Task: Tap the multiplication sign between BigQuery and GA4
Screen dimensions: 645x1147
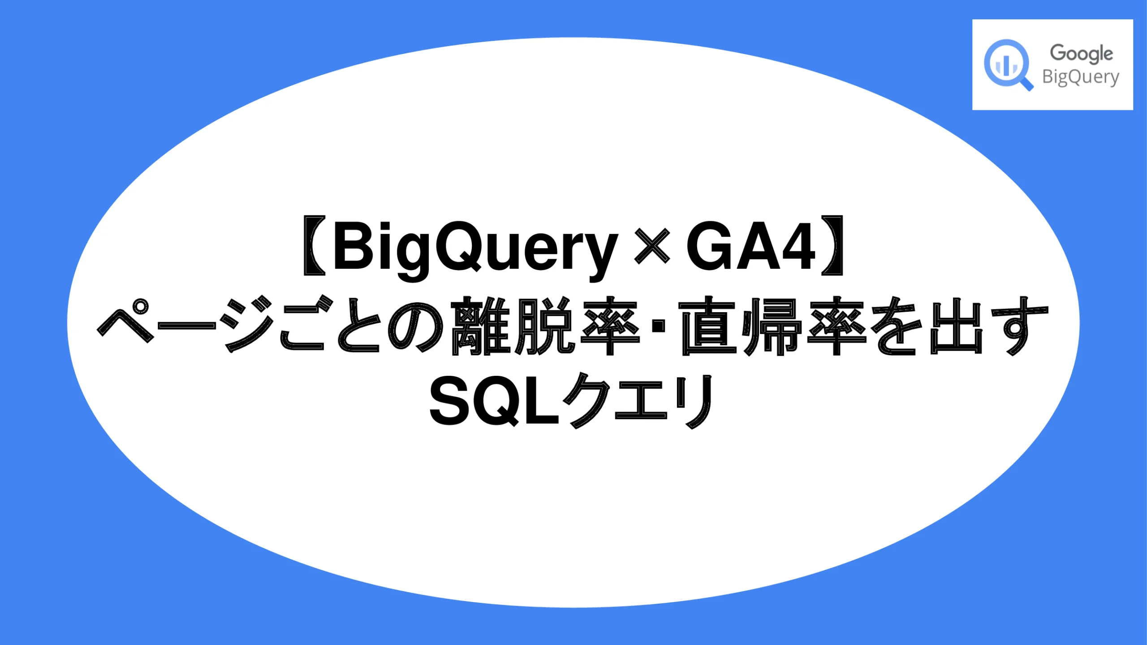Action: click(652, 246)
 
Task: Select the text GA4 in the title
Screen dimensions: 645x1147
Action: click(750, 246)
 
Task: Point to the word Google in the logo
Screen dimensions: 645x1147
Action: click(1081, 54)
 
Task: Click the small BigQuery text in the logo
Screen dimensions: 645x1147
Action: click(1080, 77)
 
